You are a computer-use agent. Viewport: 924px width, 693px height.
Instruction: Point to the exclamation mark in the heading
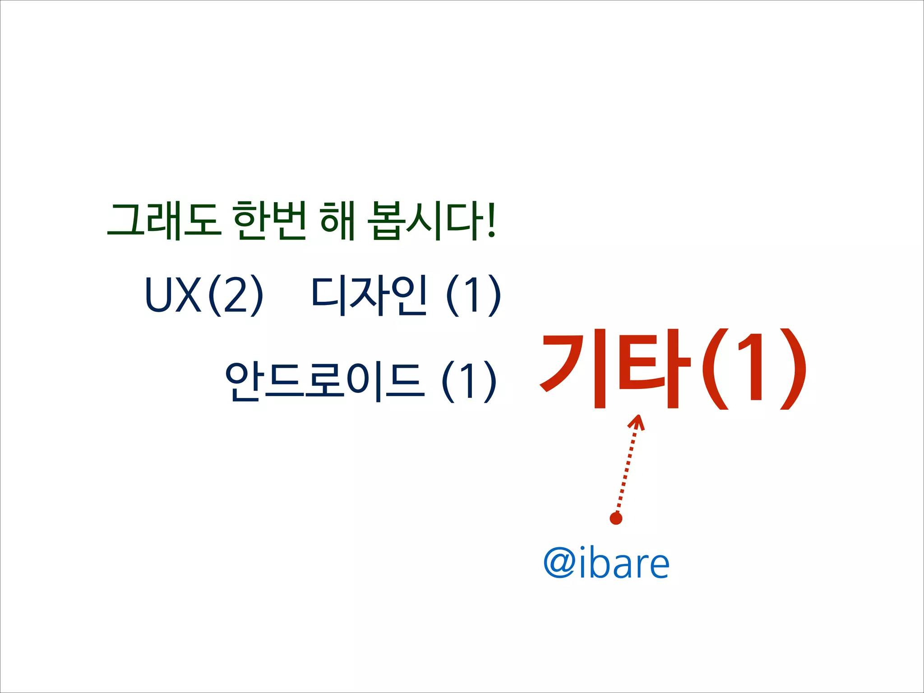[x=491, y=221]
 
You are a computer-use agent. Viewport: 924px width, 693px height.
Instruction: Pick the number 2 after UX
[x=236, y=295]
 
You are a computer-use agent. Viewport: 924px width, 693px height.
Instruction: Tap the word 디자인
[x=369, y=295]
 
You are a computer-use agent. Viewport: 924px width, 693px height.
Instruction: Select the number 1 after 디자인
[x=473, y=295]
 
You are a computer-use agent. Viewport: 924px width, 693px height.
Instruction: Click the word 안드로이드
[x=325, y=381]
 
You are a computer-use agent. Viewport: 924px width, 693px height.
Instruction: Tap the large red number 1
[x=752, y=368]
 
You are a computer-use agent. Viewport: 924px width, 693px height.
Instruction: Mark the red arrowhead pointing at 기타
[x=637, y=423]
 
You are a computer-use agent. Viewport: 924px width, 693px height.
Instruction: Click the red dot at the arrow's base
[x=616, y=519]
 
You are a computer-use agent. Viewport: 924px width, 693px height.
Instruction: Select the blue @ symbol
[x=559, y=563]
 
